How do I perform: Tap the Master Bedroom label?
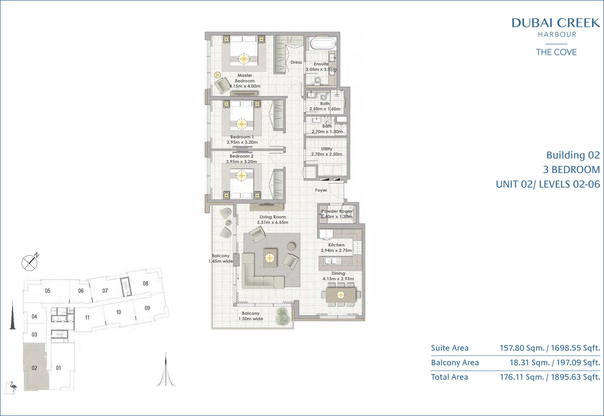(x=245, y=78)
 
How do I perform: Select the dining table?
(x=340, y=295)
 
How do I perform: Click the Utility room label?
(x=326, y=149)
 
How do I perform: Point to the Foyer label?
(x=321, y=190)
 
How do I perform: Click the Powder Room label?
(x=337, y=211)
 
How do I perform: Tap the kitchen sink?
(x=330, y=261)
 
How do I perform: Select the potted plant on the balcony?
(x=283, y=315)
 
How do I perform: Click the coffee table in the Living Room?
(x=270, y=258)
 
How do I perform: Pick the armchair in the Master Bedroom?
(x=222, y=85)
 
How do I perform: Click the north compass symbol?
(x=30, y=262)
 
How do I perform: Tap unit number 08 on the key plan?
(x=146, y=284)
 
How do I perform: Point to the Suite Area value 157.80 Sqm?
(x=522, y=348)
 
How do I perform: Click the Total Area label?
(x=449, y=377)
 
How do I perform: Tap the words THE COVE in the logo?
(x=556, y=52)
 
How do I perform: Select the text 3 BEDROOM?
(x=571, y=170)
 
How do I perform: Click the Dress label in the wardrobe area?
(x=296, y=62)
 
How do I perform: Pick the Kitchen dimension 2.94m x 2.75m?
(x=336, y=251)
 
